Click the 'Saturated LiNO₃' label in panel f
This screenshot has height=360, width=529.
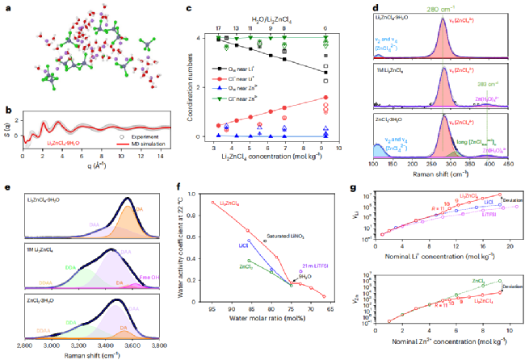(286, 241)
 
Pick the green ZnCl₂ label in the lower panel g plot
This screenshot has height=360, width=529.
(477, 280)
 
